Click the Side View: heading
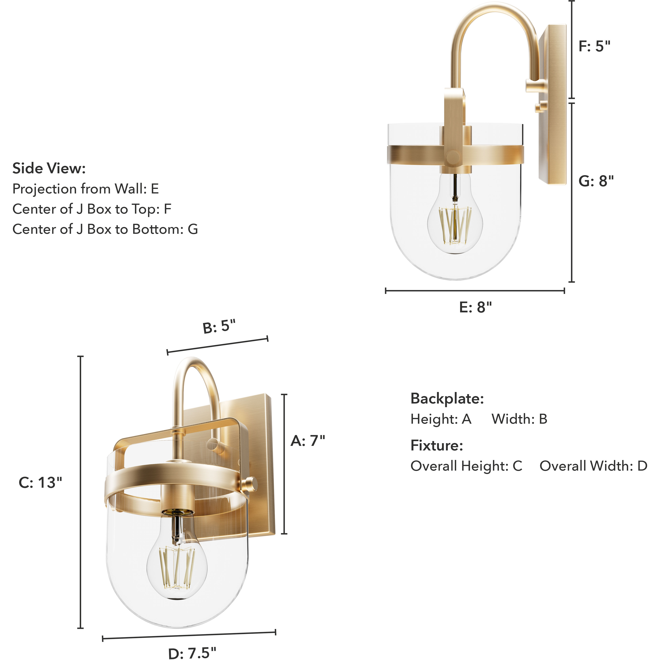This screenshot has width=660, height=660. pos(49,168)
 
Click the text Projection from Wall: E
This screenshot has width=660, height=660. pos(85,189)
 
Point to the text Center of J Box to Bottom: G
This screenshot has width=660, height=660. pos(105,229)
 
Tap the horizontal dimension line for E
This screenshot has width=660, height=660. pos(475,291)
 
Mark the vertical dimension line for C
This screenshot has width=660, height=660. pos(81,492)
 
